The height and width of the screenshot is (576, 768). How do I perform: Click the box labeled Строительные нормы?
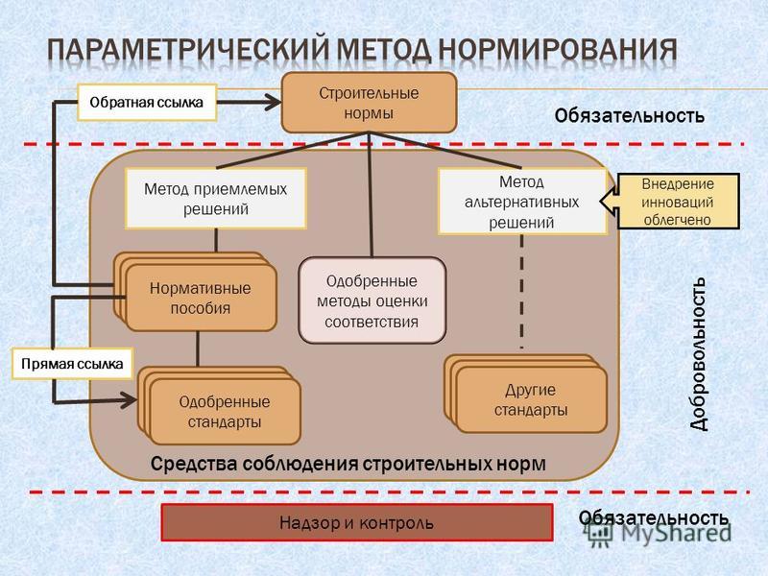tap(369, 103)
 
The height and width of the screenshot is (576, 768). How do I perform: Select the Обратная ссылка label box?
tap(147, 103)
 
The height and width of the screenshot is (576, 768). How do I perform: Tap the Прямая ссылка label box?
tap(72, 364)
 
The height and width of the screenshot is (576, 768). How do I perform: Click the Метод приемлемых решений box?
tap(215, 199)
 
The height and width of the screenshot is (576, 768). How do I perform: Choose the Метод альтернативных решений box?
tap(521, 202)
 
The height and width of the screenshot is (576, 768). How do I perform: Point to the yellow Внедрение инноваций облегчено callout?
tap(678, 202)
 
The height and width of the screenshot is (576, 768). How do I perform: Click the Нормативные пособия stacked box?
tap(196, 292)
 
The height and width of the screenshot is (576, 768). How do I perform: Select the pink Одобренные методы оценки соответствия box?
tap(372, 300)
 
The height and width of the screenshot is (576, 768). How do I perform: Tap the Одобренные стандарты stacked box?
tap(220, 406)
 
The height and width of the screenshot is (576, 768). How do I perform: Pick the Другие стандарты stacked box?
tap(526, 394)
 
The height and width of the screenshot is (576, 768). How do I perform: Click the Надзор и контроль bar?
tap(357, 522)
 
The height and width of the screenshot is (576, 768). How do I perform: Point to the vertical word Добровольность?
tap(699, 353)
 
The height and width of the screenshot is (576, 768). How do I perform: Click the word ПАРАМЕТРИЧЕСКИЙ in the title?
tap(188, 50)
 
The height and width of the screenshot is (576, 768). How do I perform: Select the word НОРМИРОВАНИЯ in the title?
tap(557, 50)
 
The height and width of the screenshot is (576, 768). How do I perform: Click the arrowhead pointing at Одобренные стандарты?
tap(130, 400)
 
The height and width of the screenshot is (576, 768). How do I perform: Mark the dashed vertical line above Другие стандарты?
tap(521, 292)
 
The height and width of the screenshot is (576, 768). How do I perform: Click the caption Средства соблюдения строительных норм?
tap(348, 464)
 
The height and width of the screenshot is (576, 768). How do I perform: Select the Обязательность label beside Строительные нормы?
tap(630, 116)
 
